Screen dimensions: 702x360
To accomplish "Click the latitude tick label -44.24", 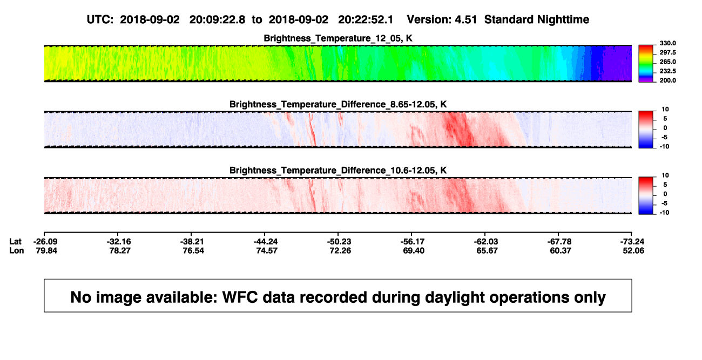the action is tap(266, 242).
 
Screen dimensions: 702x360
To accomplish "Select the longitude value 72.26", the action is tap(340, 250).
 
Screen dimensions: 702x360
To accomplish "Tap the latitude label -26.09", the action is tap(45, 242).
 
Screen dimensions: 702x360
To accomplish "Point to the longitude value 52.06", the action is tap(633, 250).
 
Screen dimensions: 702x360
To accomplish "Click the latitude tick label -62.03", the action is tap(486, 242).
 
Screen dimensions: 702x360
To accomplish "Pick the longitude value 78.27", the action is tap(120, 250).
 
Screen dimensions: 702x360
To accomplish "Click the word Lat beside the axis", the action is tap(15, 242).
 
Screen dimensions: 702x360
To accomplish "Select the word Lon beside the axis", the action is tap(17, 250).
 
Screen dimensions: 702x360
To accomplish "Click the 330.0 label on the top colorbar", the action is tap(667, 43).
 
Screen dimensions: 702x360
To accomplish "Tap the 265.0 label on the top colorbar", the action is tap(667, 62).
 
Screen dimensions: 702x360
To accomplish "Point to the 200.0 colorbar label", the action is tap(667, 80).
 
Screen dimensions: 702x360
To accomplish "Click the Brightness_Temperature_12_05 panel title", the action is tap(338, 38).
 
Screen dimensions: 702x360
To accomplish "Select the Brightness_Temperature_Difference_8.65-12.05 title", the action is tap(338, 104).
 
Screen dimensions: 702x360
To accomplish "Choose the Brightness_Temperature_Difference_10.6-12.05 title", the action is tap(338, 171).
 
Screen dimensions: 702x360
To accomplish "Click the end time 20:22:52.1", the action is tap(366, 19).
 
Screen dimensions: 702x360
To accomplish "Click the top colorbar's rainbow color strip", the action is tap(646, 64).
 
